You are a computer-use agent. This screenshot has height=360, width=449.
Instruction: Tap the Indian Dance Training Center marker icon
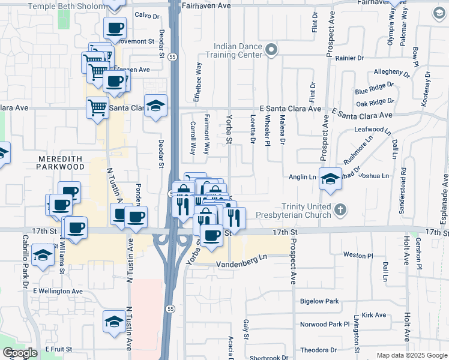(271, 50)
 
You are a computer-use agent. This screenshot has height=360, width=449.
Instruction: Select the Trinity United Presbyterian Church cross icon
(340, 210)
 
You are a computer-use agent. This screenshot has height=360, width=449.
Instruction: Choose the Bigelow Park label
(319, 301)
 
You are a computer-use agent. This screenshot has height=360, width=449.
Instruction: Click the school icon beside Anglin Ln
(330, 179)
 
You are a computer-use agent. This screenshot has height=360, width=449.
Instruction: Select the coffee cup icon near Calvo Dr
(115, 27)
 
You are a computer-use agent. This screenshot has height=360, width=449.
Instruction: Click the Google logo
(20, 353)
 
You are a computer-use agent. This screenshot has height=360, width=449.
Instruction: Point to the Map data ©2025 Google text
(411, 355)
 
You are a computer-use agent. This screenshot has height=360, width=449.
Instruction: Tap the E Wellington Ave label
(58, 291)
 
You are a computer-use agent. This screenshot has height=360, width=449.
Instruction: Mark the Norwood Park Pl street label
(325, 325)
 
